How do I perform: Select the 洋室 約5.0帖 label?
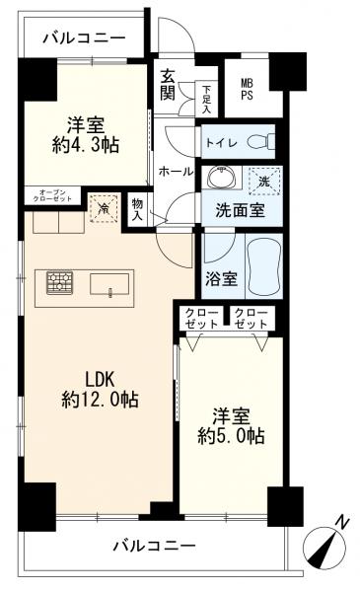[229, 424]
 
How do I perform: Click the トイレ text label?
[222, 141]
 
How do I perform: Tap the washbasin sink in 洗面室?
[218, 181]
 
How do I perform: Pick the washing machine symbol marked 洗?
[263, 180]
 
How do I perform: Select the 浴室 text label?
[221, 278]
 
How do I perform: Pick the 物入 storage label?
[137, 209]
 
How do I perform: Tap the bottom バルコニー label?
[153, 544]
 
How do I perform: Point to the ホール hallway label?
[176, 171]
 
